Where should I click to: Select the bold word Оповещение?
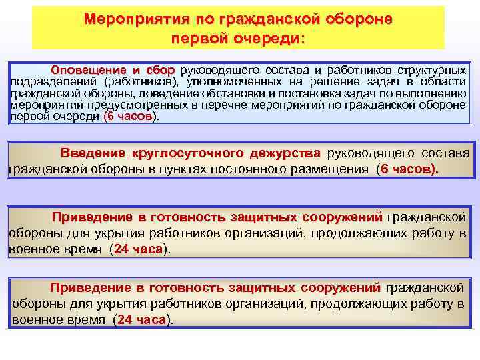[x=89, y=71]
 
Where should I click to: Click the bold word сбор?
[x=159, y=71]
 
